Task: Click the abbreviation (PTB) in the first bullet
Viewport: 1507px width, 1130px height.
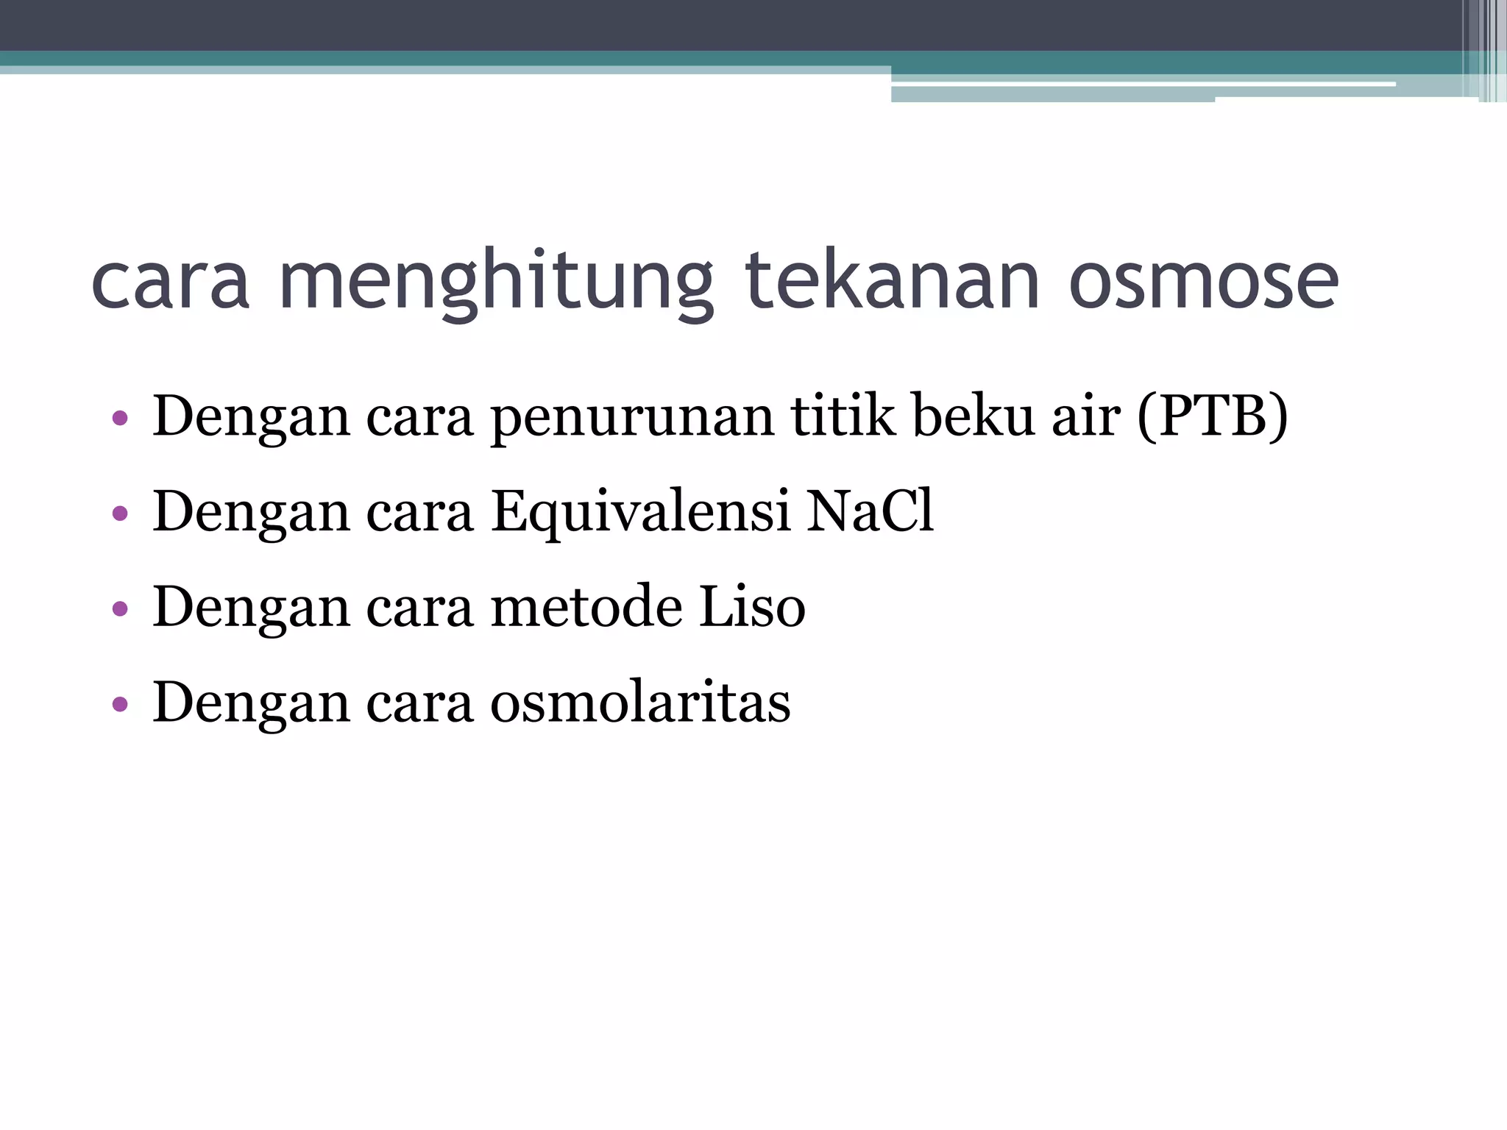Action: pyautogui.click(x=1213, y=417)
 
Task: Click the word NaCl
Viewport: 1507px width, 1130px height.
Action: pyautogui.click(x=870, y=511)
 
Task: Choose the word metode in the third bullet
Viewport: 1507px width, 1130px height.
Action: pyautogui.click(x=586, y=607)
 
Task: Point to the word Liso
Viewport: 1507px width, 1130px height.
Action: pyautogui.click(x=751, y=607)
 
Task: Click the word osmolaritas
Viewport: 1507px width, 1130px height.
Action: pyautogui.click(x=640, y=703)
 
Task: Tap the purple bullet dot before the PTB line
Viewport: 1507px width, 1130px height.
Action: pyautogui.click(x=120, y=419)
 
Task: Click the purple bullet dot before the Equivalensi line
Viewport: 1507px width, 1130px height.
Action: pyautogui.click(x=120, y=514)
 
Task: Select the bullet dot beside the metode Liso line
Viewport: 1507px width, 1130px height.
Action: pyautogui.click(x=120, y=609)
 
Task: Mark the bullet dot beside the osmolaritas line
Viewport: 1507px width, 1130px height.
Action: pyautogui.click(x=120, y=705)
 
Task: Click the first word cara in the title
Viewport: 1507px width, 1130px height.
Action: pyautogui.click(x=170, y=283)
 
